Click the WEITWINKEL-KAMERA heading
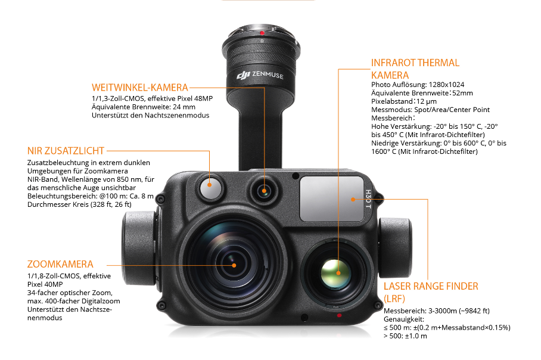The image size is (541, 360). tap(140, 88)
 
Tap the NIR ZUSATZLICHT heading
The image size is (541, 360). tap(66, 151)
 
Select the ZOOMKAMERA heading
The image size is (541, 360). tap(60, 265)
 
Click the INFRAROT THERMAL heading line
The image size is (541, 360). tap(415, 63)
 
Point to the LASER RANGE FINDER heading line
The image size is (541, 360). tap(431, 287)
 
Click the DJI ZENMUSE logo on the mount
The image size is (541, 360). tap(260, 75)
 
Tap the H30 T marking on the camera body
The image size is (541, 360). tap(368, 199)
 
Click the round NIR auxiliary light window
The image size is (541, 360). tap(210, 188)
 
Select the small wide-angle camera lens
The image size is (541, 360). tap(265, 191)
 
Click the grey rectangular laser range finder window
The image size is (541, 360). tap(332, 199)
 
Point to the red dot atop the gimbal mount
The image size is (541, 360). tap(262, 33)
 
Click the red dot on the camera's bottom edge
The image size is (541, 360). tap(339, 315)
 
